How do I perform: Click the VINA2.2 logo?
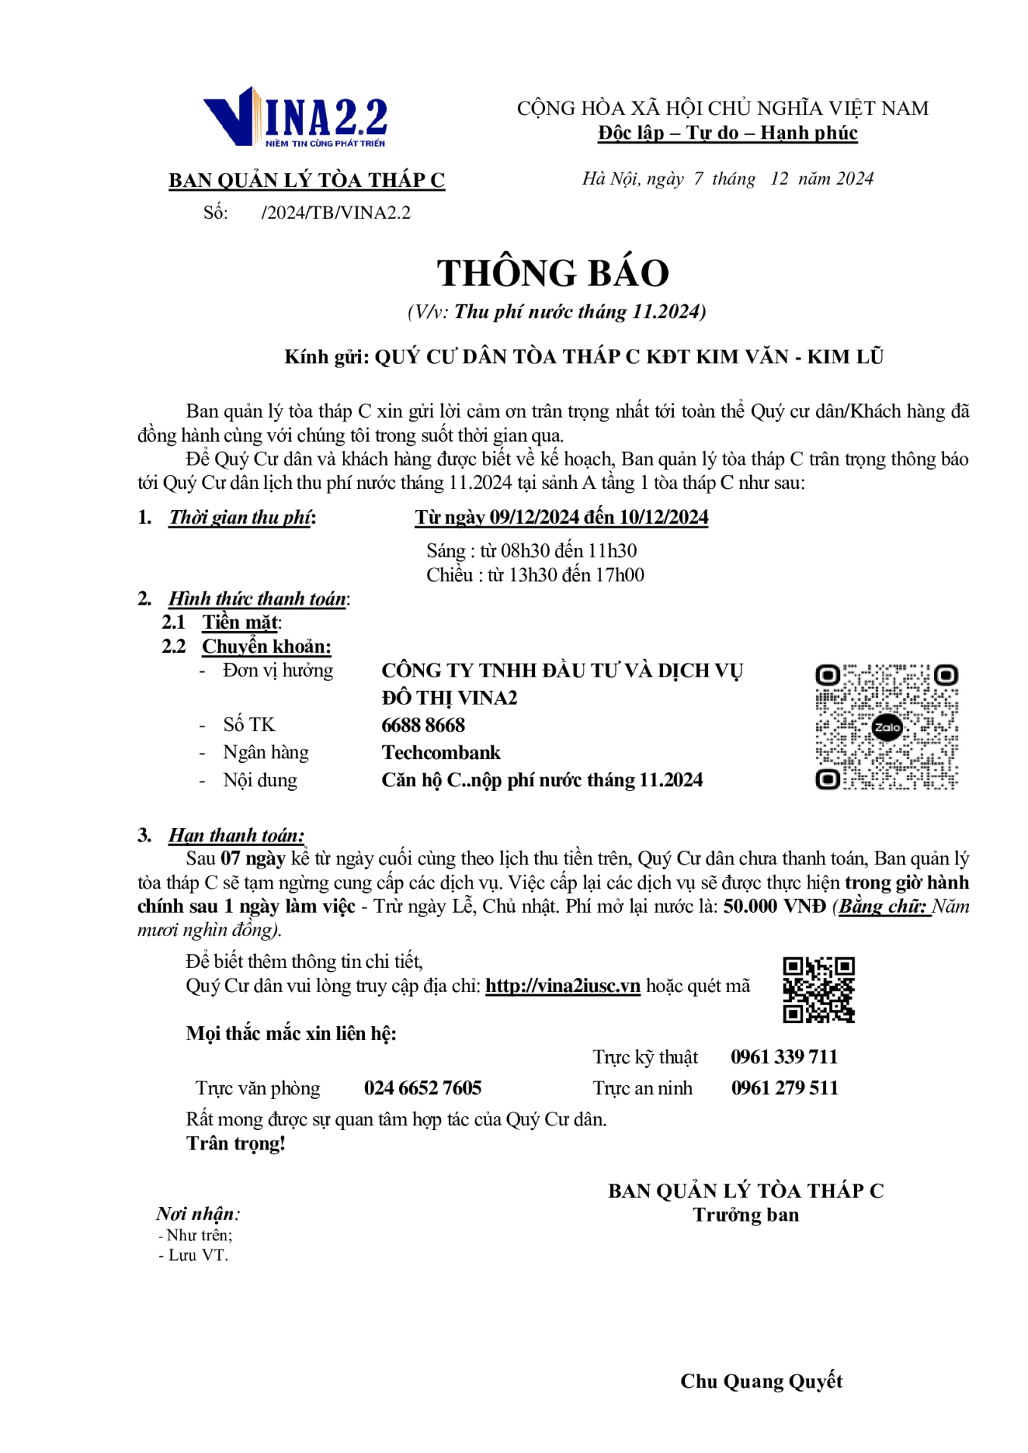pos(295,117)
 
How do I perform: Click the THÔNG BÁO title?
pos(553,273)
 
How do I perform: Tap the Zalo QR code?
pos(886,727)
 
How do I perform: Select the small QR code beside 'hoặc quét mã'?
pos(818,990)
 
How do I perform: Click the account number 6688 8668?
pos(423,725)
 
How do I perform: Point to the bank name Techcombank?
pos(441,752)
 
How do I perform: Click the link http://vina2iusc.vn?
pos(562,986)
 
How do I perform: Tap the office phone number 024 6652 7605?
pos(422,1088)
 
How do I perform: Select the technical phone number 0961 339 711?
pos(784,1057)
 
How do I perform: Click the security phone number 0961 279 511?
pos(784,1088)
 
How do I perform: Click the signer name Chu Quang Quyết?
pos(761,1381)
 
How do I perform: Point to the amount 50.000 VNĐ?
pos(774,907)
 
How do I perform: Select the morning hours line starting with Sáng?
pos(531,551)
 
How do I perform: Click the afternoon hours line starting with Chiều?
pos(535,575)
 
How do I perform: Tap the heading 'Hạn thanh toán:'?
pos(236,835)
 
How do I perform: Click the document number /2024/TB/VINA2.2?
pos(335,213)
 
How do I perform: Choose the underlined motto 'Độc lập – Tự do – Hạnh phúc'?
pos(727,133)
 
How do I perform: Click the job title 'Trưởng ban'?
pos(746,1215)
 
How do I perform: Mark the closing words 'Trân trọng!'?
pos(235,1143)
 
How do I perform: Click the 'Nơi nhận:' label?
pos(198,1214)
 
